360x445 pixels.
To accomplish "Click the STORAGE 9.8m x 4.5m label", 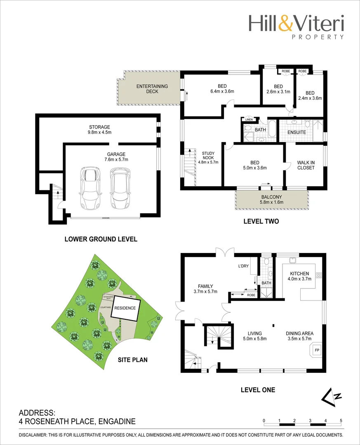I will click(99, 130).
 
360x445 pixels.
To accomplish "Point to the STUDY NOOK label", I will click(208, 157).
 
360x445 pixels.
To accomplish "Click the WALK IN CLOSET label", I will click(306, 165).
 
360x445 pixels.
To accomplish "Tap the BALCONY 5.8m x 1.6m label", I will click(271, 200).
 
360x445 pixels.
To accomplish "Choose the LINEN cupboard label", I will click(249, 120).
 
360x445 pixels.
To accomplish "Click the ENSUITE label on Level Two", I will click(296, 132).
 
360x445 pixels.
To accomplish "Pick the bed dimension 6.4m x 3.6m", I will click(222, 91).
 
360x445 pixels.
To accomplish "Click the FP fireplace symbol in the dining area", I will click(317, 350).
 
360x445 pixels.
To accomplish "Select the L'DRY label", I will click(243, 266).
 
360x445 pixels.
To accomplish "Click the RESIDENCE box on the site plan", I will click(125, 308).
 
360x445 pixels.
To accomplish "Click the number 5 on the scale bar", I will click(341, 421).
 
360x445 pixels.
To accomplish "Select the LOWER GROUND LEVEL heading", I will click(101, 239).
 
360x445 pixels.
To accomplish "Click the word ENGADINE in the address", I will click(116, 421).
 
